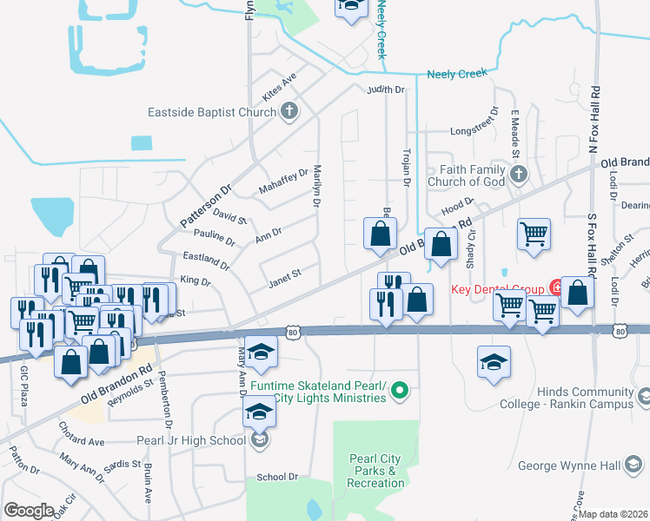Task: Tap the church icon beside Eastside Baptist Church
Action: pos(290,111)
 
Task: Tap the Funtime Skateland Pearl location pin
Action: pos(400,392)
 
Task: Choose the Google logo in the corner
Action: pos(29,511)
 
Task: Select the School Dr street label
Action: pos(277,478)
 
